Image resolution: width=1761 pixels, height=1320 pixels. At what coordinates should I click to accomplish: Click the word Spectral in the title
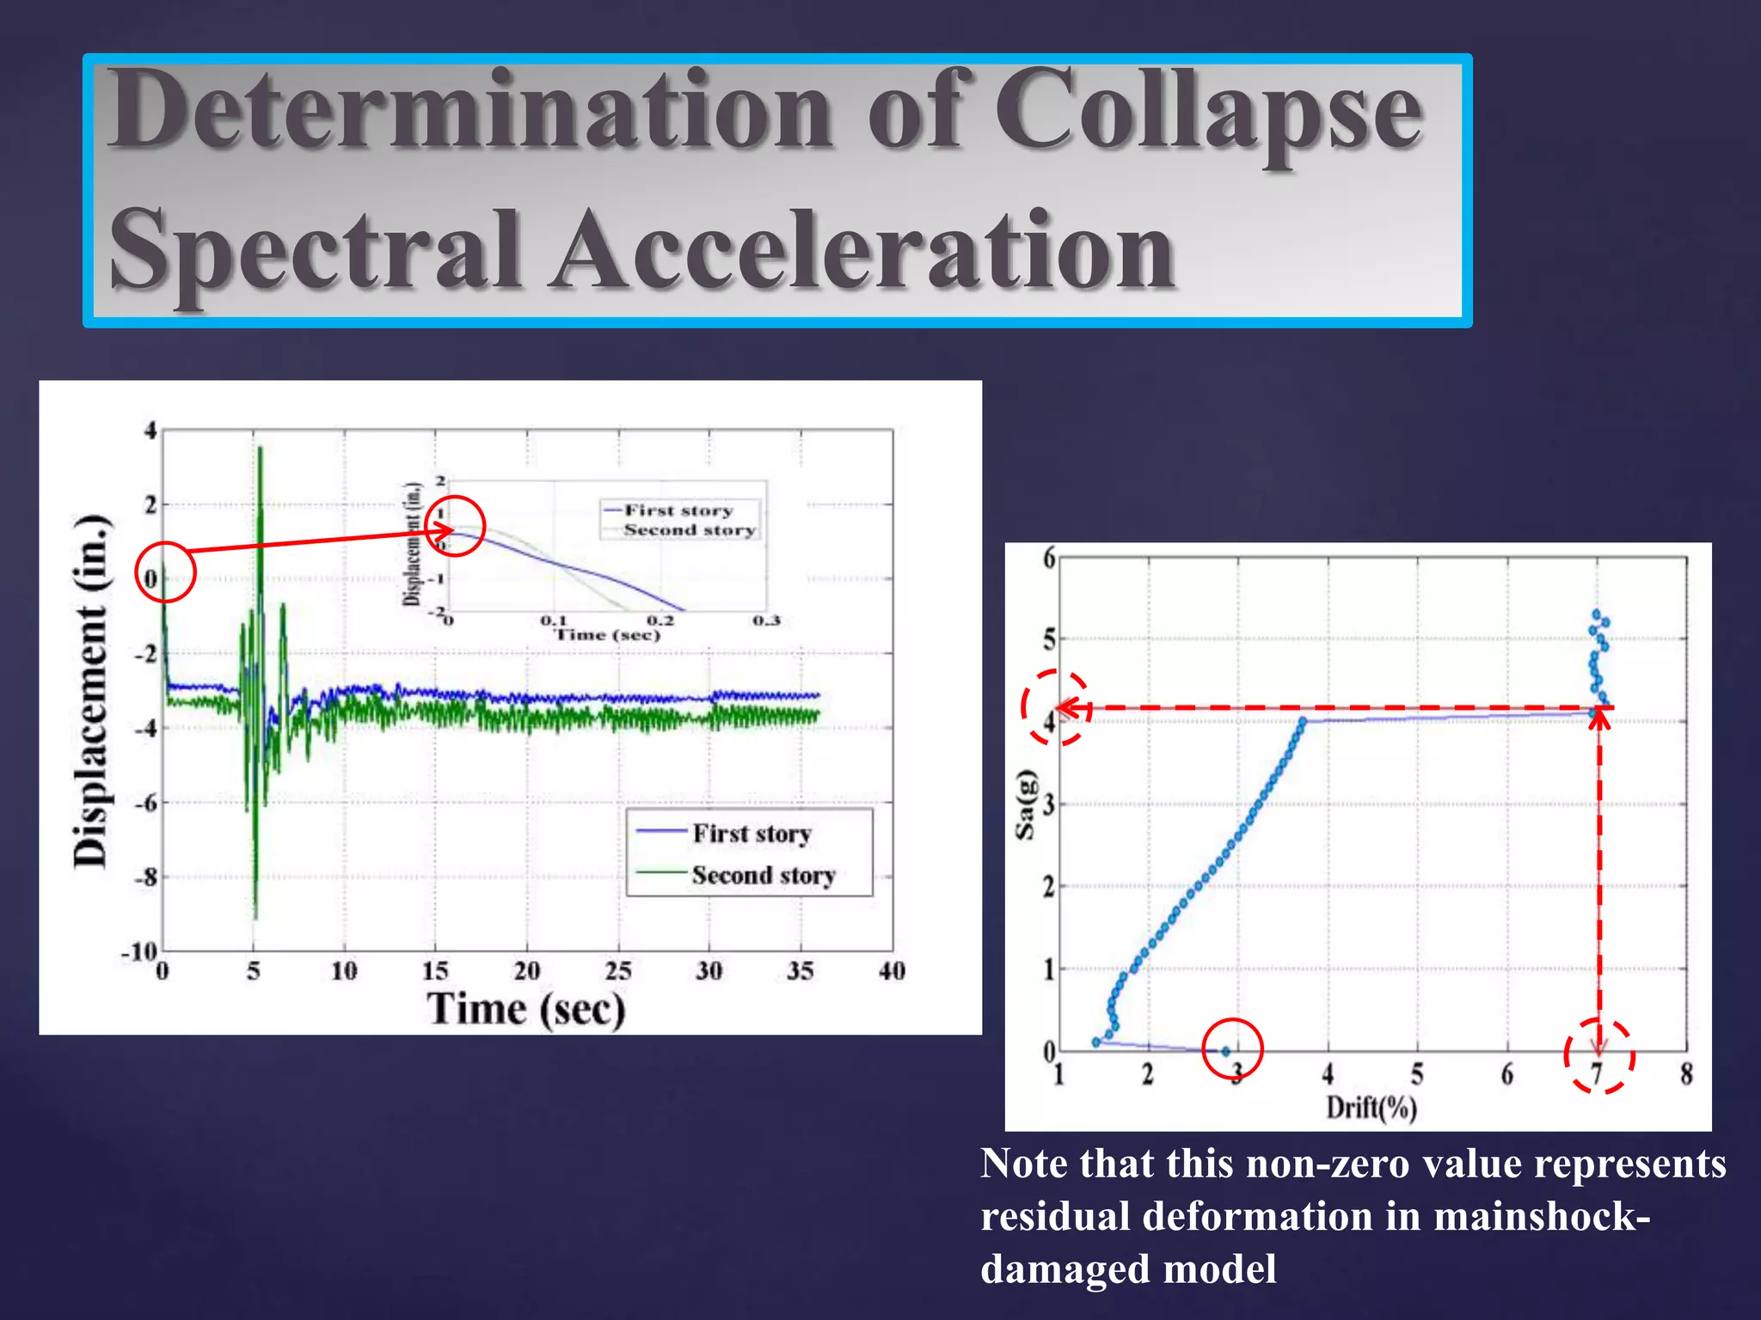(315, 252)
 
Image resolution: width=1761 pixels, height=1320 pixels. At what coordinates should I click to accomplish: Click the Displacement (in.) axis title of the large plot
(91, 692)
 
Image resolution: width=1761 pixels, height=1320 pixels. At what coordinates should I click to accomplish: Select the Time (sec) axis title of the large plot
(526, 1008)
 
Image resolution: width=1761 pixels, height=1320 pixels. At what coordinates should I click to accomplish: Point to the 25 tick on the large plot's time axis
(617, 972)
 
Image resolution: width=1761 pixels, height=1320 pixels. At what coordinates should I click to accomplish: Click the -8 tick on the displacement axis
(144, 877)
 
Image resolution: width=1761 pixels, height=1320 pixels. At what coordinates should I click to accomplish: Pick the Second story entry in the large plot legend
(763, 876)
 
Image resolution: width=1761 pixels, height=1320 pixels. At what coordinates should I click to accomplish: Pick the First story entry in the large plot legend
(752, 834)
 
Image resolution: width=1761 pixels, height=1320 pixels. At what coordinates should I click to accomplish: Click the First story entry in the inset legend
(678, 510)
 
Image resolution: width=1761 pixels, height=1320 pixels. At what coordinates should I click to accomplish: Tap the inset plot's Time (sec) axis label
(607, 635)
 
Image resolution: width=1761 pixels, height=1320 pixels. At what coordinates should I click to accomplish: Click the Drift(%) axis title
(1371, 1107)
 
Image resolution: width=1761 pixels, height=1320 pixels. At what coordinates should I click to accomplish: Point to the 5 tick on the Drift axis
(1417, 1074)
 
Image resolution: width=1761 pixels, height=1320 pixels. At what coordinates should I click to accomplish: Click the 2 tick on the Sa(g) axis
(1049, 886)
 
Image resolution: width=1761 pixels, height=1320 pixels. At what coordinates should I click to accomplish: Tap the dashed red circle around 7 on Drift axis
(1598, 1055)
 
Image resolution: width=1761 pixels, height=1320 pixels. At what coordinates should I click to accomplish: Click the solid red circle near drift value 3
(1231, 1048)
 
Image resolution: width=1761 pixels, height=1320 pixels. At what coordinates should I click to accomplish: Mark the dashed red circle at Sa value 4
(1056, 707)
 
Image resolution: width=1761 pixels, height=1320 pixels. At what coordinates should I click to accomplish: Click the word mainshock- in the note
(1541, 1217)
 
